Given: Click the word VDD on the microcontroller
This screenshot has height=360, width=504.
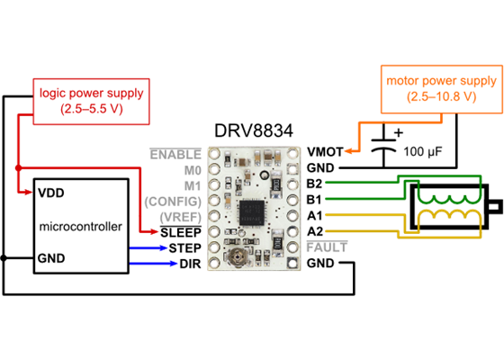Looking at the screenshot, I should (51, 193).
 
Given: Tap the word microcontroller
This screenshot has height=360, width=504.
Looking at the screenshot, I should (81, 226).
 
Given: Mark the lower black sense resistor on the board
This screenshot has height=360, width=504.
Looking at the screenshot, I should (279, 243).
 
